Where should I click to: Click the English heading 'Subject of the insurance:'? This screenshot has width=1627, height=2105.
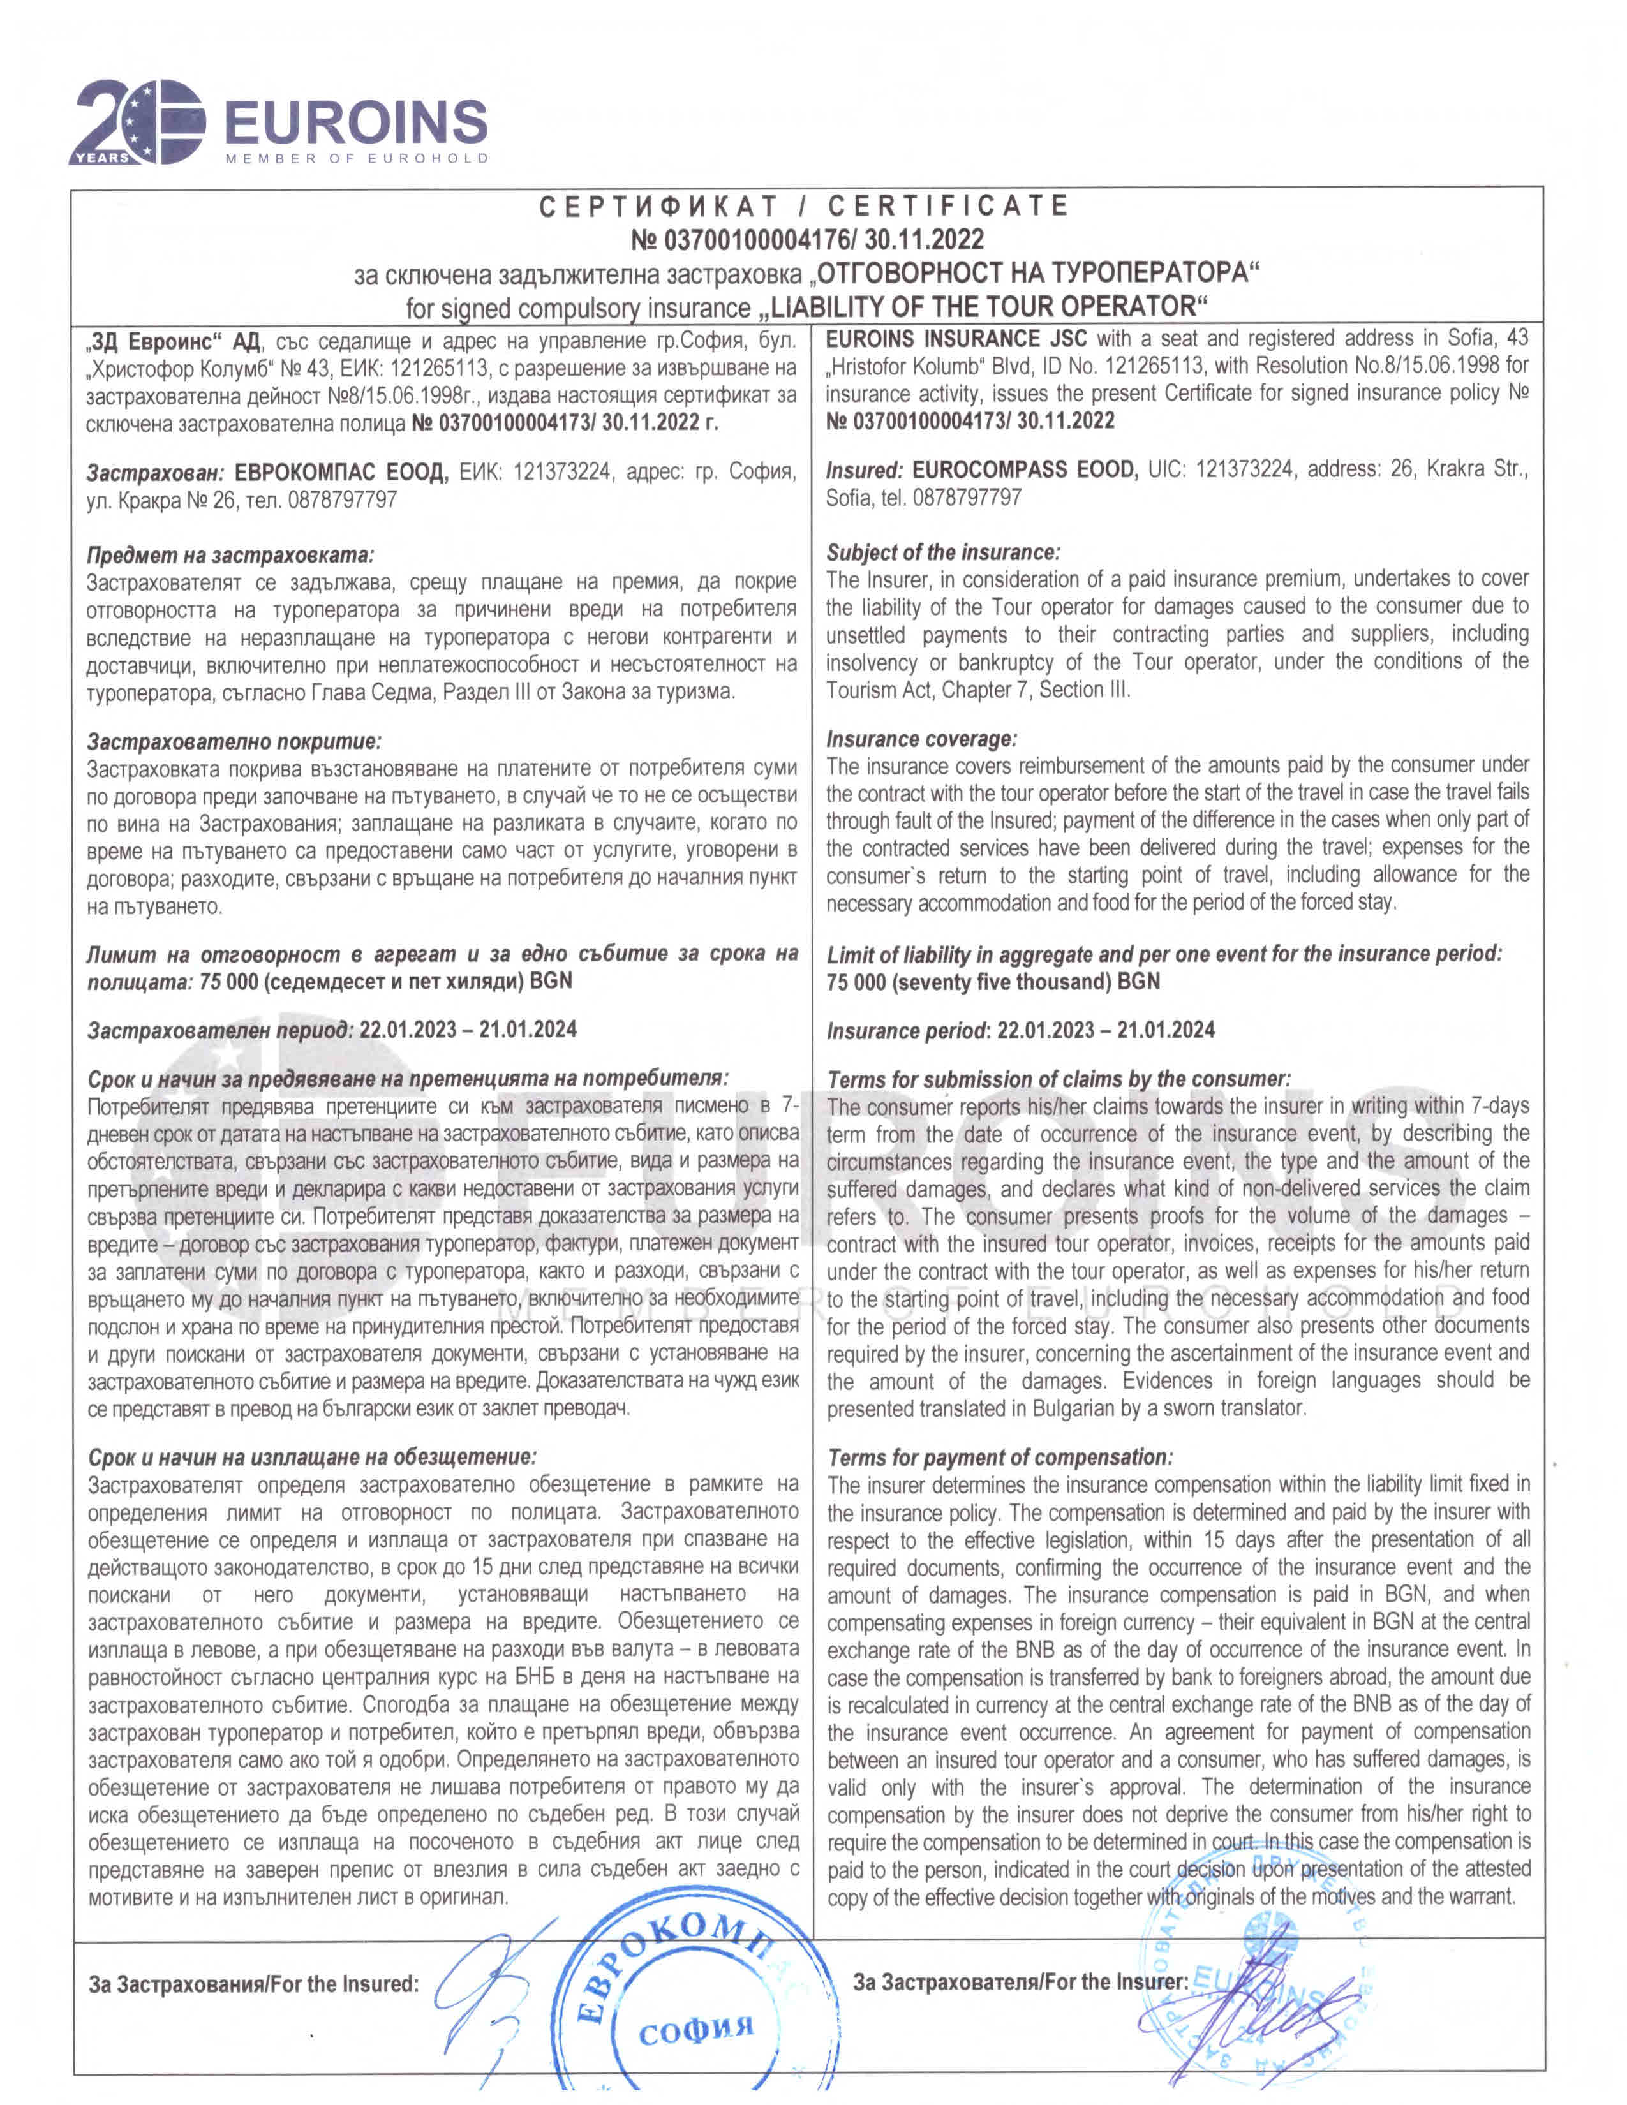(x=942, y=552)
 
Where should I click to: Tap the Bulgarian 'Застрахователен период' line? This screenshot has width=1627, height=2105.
(x=332, y=1030)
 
